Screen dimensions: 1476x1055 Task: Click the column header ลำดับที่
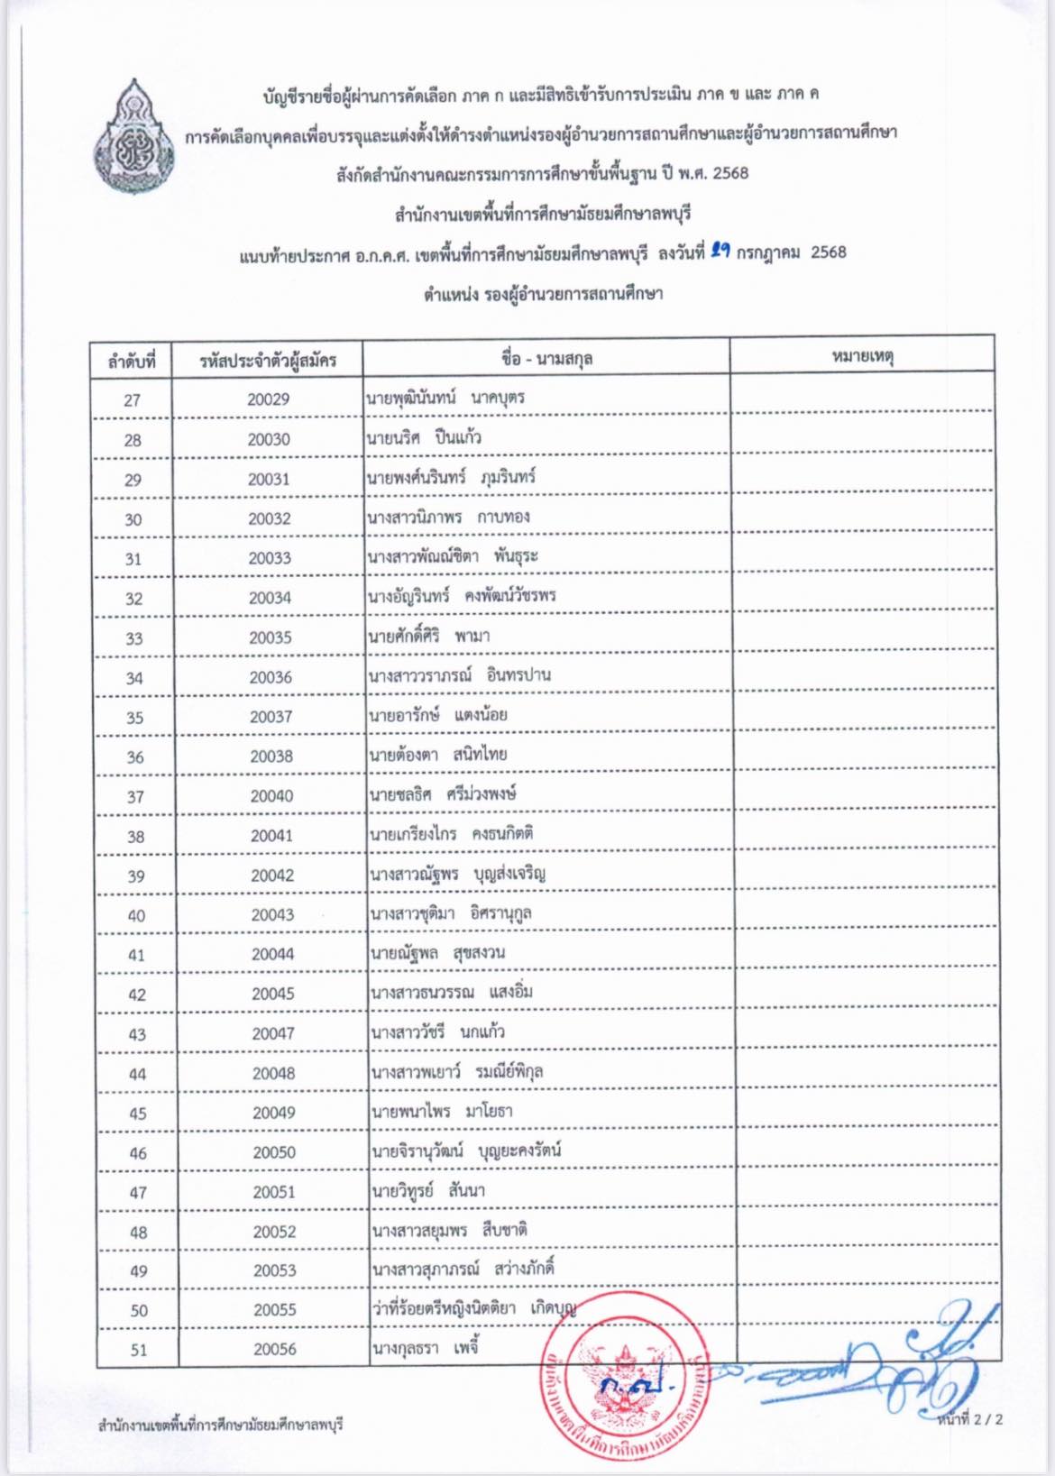[x=132, y=361]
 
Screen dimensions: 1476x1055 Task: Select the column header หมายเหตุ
[x=862, y=357]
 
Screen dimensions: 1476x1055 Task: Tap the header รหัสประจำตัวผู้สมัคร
[x=268, y=361]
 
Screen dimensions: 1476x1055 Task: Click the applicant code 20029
[x=268, y=399]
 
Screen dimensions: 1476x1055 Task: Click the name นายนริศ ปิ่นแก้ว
[x=424, y=438]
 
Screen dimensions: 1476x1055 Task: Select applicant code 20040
[x=271, y=795]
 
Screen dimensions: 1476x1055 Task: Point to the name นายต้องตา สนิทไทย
[x=438, y=755]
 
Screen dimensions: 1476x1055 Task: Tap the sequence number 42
[x=137, y=995]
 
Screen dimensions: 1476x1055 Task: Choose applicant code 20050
[x=274, y=1152]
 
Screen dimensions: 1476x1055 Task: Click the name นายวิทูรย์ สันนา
[x=429, y=1191]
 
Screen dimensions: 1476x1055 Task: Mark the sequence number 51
[x=139, y=1350]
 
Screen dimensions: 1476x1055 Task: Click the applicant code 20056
[x=275, y=1349]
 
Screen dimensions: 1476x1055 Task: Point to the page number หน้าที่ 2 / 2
[x=969, y=1418]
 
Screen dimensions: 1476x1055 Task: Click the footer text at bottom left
[x=220, y=1425]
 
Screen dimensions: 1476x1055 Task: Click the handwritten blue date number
[x=720, y=252]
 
